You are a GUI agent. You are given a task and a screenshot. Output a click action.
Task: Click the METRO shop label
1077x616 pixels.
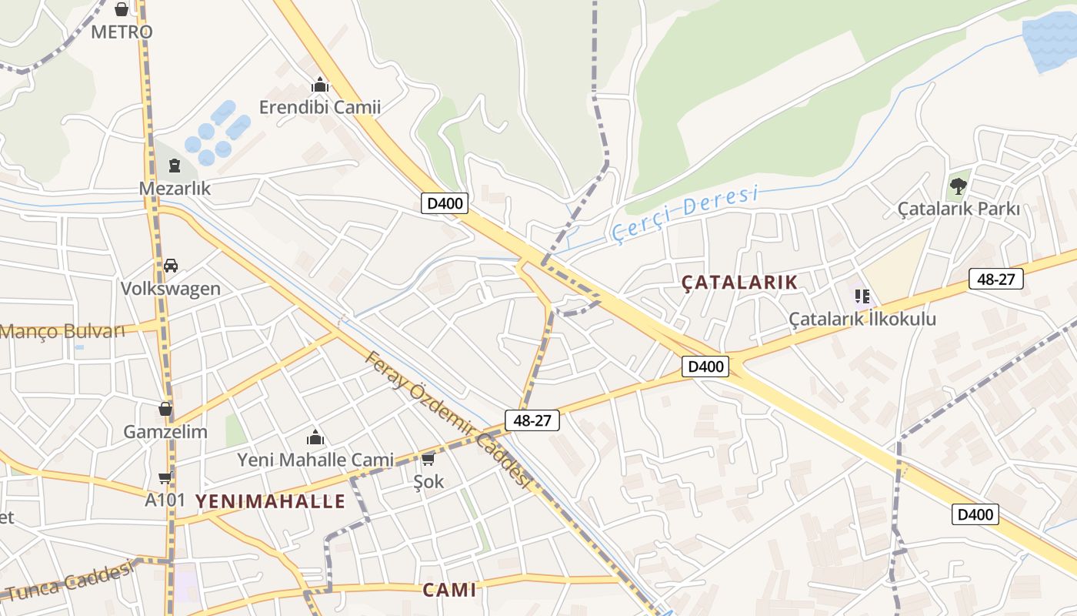[122, 32]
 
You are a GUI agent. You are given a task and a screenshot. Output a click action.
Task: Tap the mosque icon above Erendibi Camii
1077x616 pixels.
[320, 85]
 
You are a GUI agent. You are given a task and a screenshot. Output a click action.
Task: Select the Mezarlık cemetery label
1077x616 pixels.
[175, 189]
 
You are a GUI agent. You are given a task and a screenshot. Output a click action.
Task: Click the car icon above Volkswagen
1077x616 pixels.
[171, 266]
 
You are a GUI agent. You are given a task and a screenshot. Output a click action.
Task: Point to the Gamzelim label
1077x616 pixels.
[165, 432]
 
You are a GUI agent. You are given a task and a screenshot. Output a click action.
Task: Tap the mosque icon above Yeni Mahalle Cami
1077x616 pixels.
[315, 438]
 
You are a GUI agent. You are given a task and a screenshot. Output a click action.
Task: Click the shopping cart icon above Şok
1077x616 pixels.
[428, 460]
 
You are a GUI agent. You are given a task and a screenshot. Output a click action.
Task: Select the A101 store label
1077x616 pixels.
[165, 500]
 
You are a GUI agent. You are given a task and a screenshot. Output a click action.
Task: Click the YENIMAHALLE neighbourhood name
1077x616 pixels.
[270, 502]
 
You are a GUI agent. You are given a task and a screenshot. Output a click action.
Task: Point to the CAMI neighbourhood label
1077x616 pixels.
[449, 591]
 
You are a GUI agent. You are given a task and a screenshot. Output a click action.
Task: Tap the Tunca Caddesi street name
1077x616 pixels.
[69, 581]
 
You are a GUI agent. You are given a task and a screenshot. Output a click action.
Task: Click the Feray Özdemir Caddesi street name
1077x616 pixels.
[448, 420]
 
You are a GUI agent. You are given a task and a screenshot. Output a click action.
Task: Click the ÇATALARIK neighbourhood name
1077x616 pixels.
[739, 283]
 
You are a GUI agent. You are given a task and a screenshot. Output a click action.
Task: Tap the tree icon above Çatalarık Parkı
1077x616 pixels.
[958, 186]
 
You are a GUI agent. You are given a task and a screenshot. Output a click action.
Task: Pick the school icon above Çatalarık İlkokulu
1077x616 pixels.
[862, 296]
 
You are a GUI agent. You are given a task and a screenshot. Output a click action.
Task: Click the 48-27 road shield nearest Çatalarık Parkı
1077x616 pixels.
[995, 279]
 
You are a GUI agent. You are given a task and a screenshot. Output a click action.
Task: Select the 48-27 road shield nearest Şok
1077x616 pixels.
[532, 420]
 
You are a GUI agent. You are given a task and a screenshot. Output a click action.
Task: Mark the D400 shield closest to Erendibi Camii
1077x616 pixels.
[445, 204]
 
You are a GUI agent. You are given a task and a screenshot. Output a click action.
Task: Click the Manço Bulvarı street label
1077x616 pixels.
[62, 332]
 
